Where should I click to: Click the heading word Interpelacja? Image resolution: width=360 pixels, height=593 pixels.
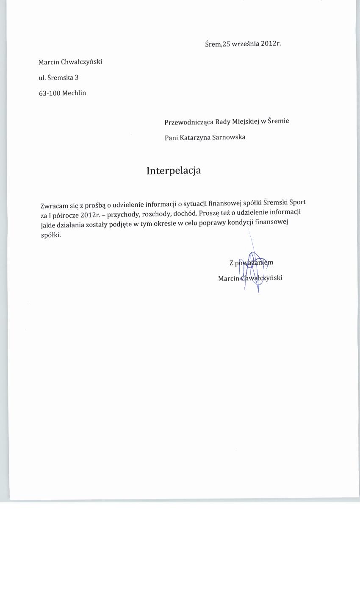[x=174, y=171]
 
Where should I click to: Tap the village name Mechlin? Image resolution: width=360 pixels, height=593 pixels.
[x=74, y=93]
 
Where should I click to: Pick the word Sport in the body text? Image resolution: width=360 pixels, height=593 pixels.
[x=297, y=202]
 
